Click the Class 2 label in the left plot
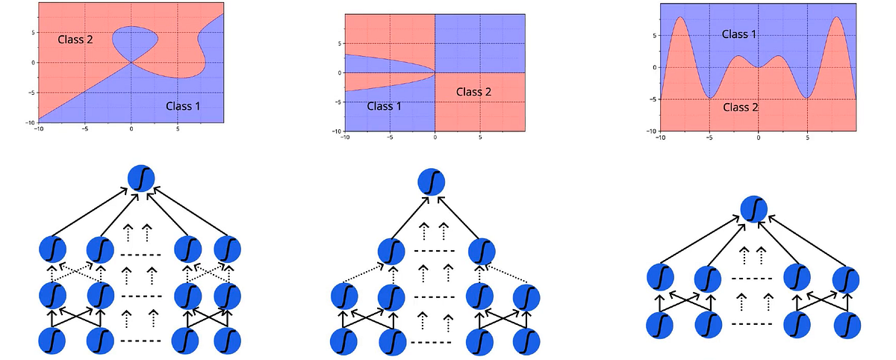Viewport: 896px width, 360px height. [x=75, y=39]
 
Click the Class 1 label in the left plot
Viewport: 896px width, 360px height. [x=183, y=106]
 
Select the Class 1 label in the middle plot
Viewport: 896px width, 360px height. [x=385, y=107]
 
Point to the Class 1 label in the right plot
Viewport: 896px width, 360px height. [x=739, y=34]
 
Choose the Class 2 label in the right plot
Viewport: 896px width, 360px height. [x=741, y=107]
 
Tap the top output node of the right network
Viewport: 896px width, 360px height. [x=755, y=209]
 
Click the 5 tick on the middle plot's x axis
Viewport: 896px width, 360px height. [x=479, y=137]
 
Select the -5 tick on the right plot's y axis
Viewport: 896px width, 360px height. [x=652, y=99]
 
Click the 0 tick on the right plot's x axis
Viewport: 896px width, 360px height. [x=758, y=137]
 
